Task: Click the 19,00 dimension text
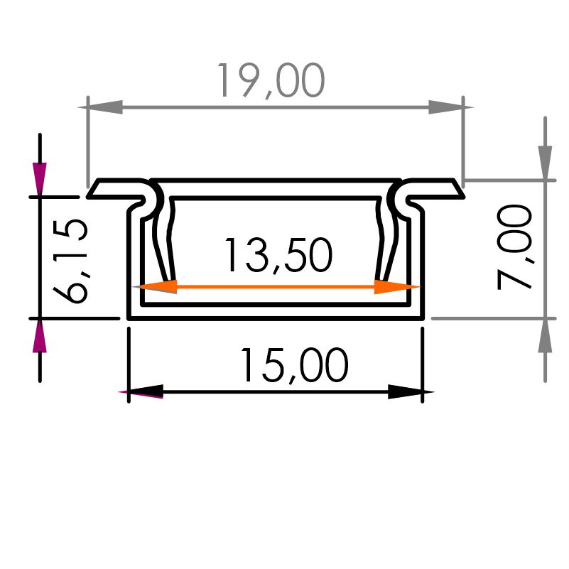[x=271, y=80]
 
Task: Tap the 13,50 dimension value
[x=278, y=255]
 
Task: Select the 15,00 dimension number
[x=294, y=365]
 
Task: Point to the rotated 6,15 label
[x=70, y=261]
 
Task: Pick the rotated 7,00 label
[x=514, y=246]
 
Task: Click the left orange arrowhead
[x=156, y=287]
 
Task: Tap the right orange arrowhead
[x=396, y=287]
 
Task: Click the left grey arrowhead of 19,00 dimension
[x=101, y=107]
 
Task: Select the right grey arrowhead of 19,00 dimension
[x=450, y=107]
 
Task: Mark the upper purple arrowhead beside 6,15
[x=40, y=179]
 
